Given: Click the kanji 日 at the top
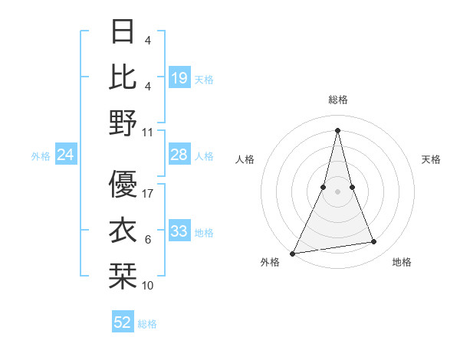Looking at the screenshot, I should point(123,32).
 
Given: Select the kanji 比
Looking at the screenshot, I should point(123,77).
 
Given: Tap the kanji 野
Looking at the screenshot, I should point(123,122).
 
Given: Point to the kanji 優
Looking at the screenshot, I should point(123,184).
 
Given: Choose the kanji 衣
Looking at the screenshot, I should point(123,229).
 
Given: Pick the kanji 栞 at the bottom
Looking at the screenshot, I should point(123,274).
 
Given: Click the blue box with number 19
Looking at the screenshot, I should point(179,77).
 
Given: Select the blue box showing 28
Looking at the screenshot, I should point(179,155).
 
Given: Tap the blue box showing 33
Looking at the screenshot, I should point(179,231).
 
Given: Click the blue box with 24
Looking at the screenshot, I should point(65,155).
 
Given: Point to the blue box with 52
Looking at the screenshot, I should point(123,322).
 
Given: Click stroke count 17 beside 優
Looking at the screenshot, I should point(149,194).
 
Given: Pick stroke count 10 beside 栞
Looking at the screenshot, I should point(148,285).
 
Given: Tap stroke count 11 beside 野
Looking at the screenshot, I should point(148,132).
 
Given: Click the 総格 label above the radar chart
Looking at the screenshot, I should point(337,100).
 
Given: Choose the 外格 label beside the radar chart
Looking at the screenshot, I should point(270,263).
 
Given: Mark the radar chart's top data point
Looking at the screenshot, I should point(337,129).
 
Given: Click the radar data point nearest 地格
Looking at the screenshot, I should point(374,242).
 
